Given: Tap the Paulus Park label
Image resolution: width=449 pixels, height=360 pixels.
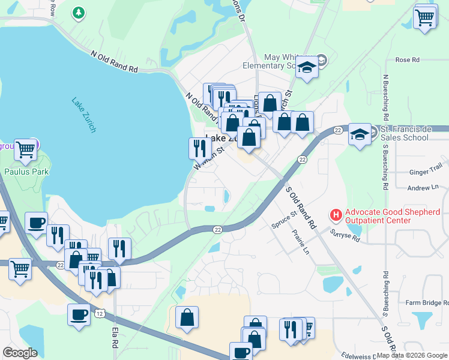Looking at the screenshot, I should pyautogui.click(x=26, y=172).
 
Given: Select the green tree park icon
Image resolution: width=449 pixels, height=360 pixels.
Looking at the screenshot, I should pyautogui.click(x=78, y=13).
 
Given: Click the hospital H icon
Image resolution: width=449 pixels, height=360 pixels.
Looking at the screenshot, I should pyautogui.click(x=336, y=214).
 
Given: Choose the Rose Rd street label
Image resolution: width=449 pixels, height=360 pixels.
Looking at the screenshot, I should pyautogui.click(x=407, y=60).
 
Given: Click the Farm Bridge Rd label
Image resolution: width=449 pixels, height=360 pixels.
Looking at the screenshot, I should pyautogui.click(x=426, y=303).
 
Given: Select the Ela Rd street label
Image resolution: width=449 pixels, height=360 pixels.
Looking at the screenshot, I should pyautogui.click(x=115, y=337).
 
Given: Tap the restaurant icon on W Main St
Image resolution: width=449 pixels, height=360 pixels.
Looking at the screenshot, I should pyautogui.click(x=199, y=148).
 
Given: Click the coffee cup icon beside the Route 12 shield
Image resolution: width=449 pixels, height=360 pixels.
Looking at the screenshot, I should pyautogui.click(x=78, y=314).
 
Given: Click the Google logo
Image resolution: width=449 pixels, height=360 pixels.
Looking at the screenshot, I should pyautogui.click(x=20, y=353).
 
